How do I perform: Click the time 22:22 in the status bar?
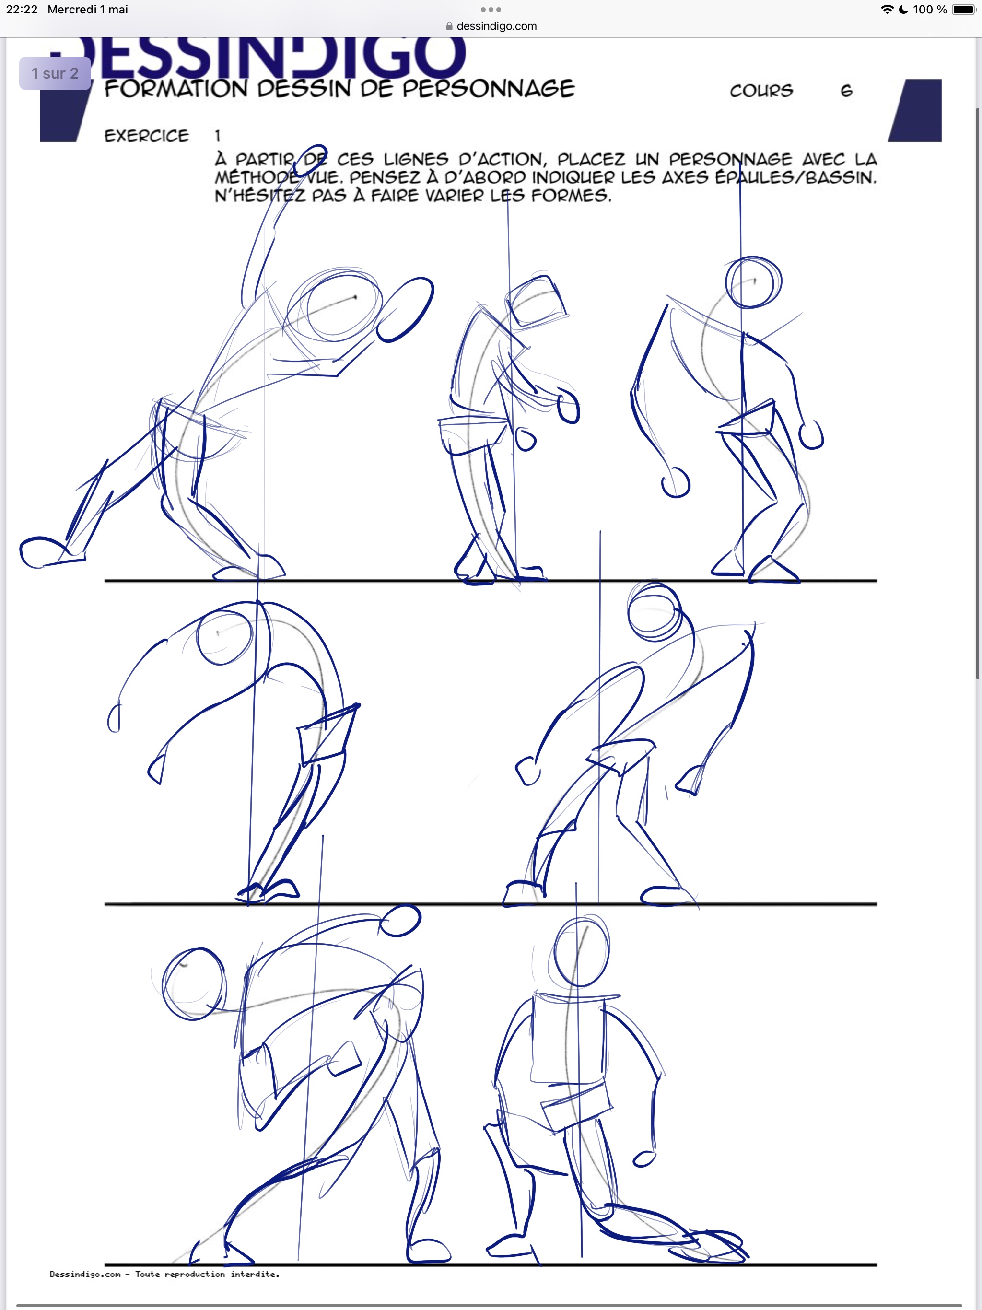coord(22,10)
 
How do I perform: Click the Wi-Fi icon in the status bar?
coord(887,10)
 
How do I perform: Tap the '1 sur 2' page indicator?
coord(55,73)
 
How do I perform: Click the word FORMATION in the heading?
coord(176,89)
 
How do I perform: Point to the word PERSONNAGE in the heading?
coord(489,89)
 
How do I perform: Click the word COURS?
coord(761,91)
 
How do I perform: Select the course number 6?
coord(846,91)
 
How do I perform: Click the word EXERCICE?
coord(147,136)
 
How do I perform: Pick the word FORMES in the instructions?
coord(571,196)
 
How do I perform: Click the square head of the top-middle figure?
coord(537,302)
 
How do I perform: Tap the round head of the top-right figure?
coord(753,282)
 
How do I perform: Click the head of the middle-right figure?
coord(655,612)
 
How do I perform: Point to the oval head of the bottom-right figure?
coord(582,952)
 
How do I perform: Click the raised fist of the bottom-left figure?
coord(400,922)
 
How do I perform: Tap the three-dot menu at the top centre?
coord(491,10)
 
